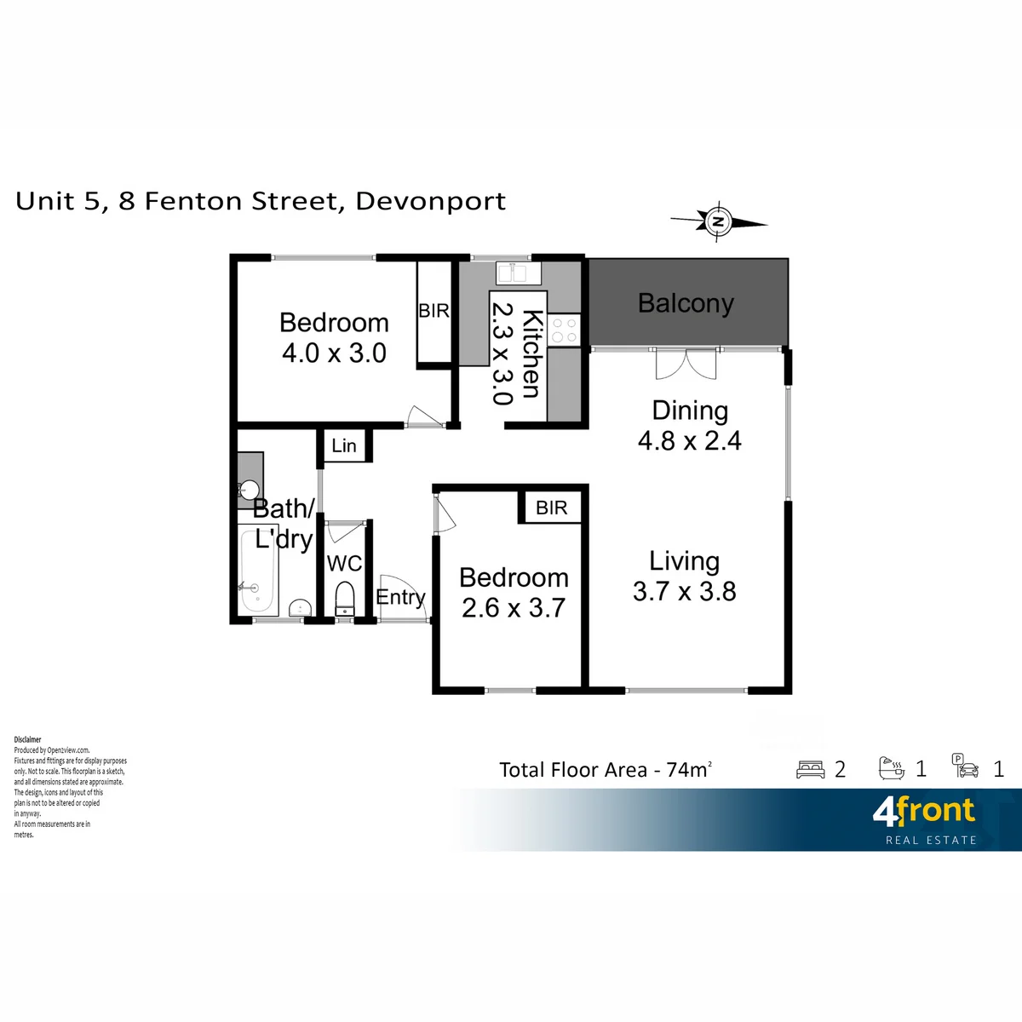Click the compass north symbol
pos(718,221)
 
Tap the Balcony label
pos(686,303)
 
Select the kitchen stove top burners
pos(565,330)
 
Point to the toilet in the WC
pos(345,599)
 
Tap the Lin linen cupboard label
pos(344,446)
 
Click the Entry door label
pos(400,598)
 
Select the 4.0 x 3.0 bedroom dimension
pos(334,353)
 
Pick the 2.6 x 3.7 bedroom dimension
pos(514,608)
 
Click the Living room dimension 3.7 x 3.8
pos(684,591)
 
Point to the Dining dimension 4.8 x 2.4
pos(690,440)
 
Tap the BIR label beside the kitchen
pos(433,311)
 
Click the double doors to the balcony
pos(686,365)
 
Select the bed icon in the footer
pos(811,770)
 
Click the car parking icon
pos(965,766)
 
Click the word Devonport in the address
pos(431,202)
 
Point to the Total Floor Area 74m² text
pos(606,770)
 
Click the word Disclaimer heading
pos(27,739)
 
